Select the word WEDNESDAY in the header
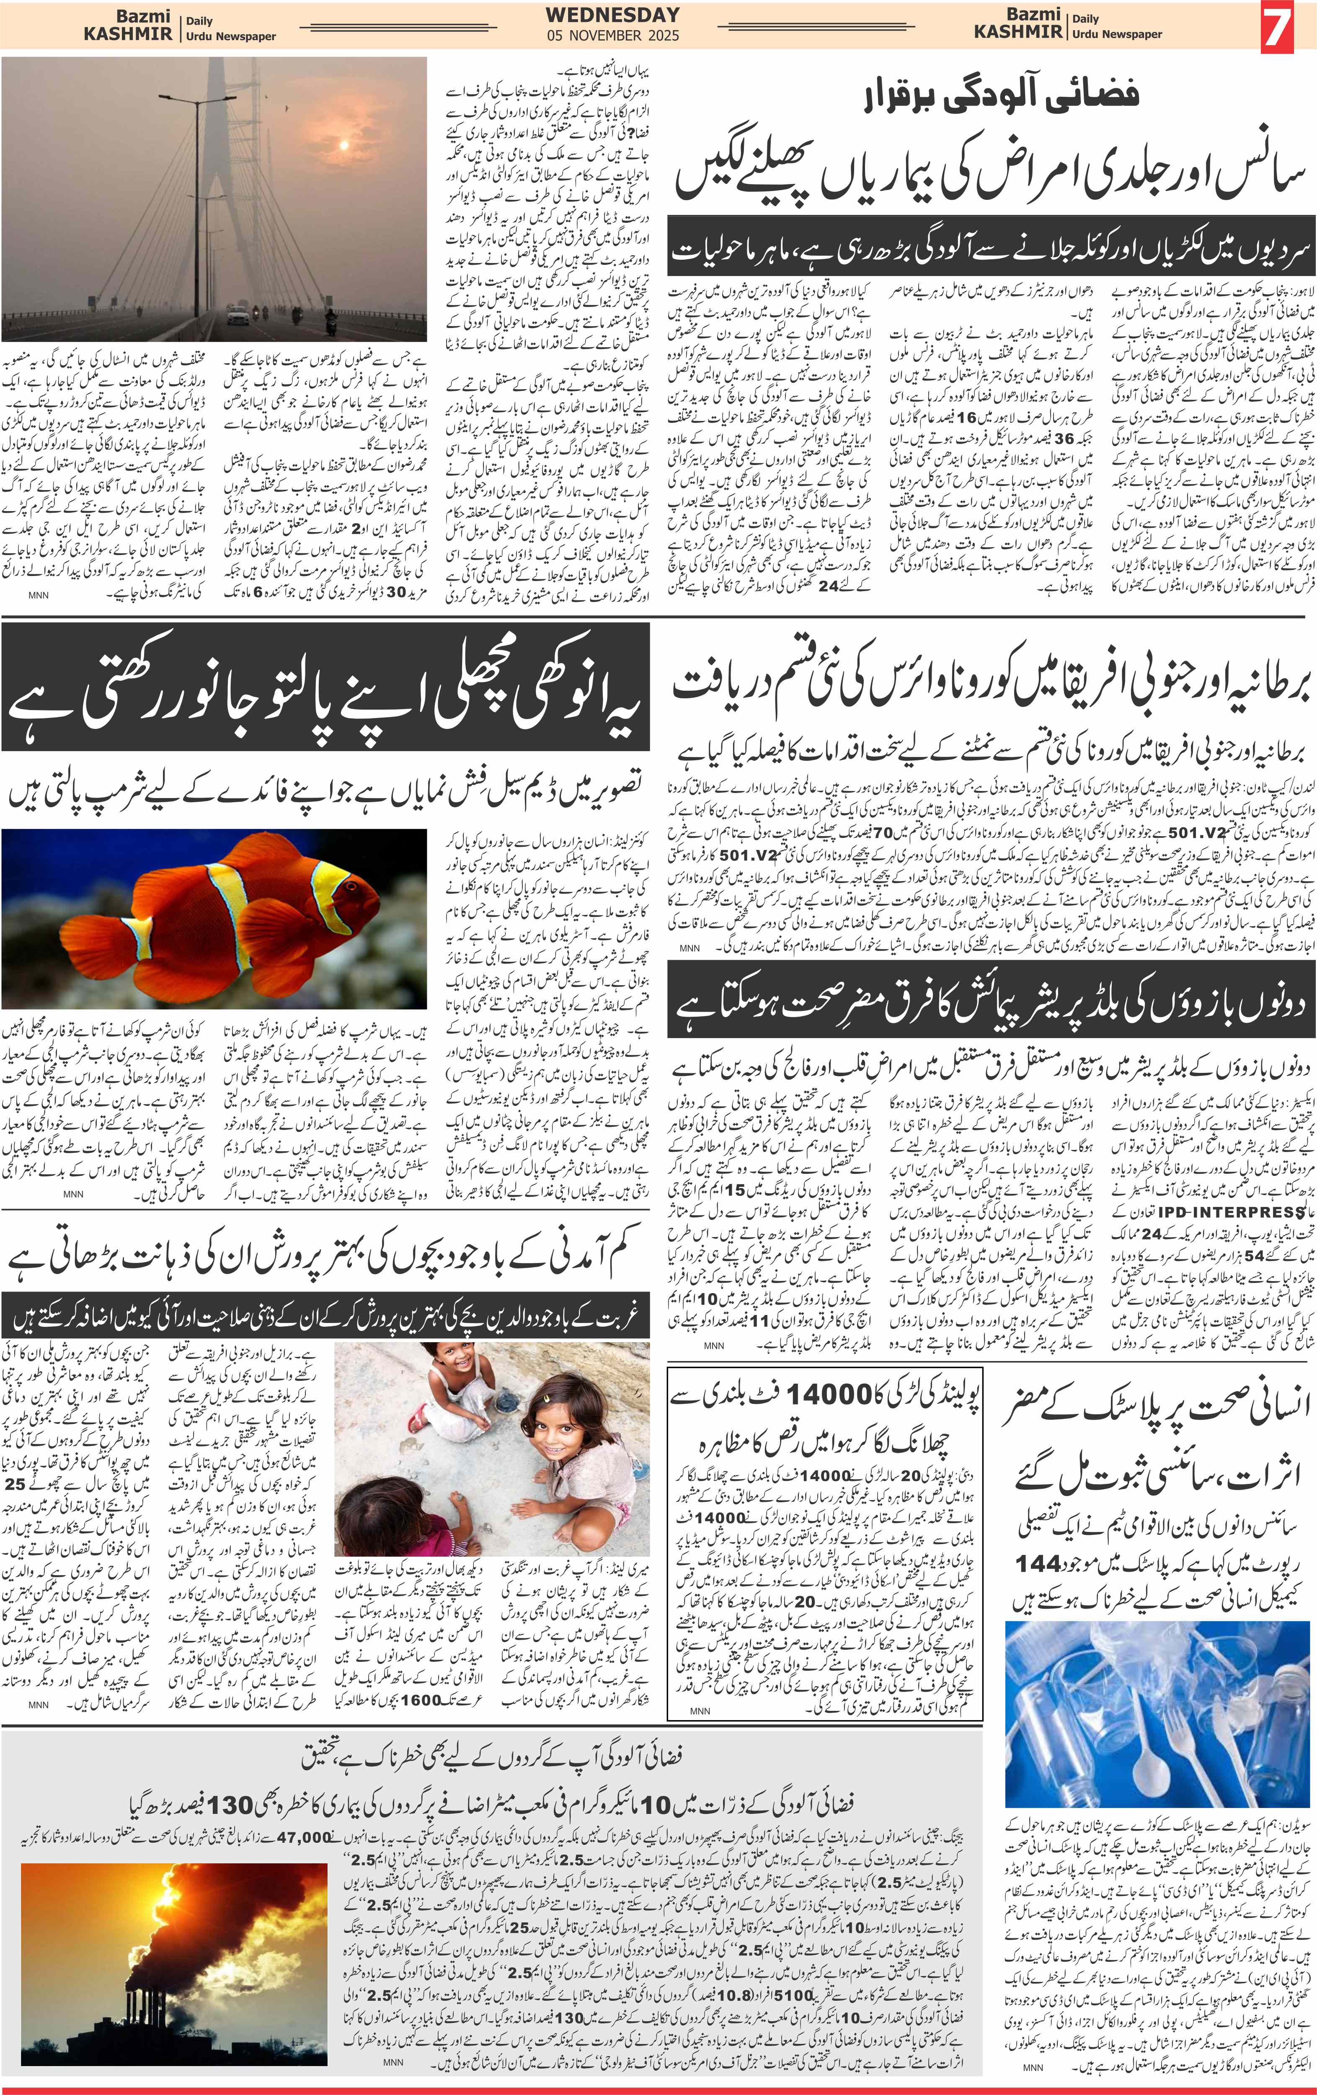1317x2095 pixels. coord(612,15)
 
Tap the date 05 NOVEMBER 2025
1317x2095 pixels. coord(612,36)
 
